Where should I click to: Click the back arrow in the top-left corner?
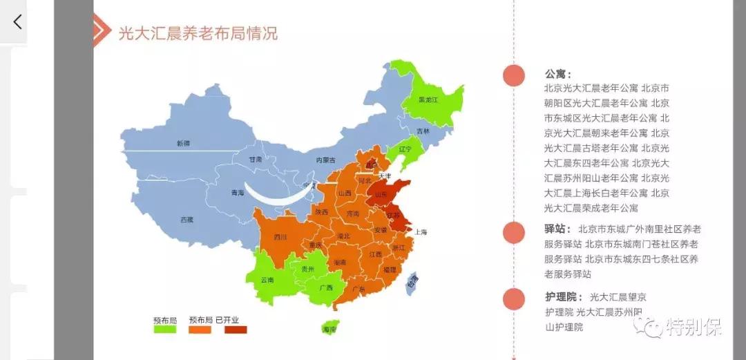(17, 21)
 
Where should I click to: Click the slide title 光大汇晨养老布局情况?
(198, 32)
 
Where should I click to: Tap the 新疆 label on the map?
(182, 144)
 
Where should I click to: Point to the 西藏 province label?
(186, 220)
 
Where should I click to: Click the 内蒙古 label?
(325, 160)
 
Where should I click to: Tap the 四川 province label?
(280, 238)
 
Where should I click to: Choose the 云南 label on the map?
(267, 281)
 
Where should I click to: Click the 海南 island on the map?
(330, 330)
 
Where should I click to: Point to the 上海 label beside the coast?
(421, 233)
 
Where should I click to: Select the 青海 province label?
(238, 193)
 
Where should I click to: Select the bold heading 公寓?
(558, 74)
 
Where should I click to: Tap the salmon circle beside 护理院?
(513, 299)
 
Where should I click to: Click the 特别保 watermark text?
(694, 327)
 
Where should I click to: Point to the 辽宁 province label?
(405, 149)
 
